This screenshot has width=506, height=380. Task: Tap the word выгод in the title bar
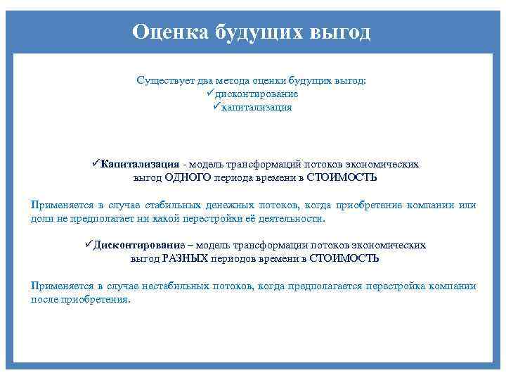(x=339, y=32)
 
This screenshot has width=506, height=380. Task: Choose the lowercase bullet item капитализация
(x=257, y=108)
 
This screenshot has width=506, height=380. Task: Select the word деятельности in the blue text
(x=294, y=218)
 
